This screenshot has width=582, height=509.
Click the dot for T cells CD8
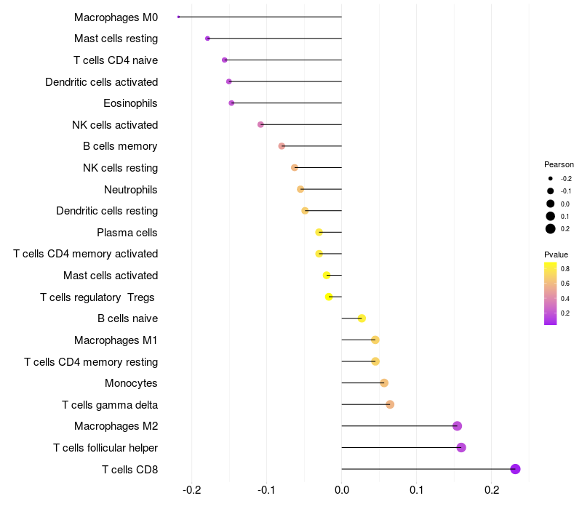point(516,469)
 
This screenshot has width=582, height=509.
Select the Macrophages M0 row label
point(116,17)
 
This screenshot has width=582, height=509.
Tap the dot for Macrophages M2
point(457,426)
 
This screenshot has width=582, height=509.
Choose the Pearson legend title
point(559,164)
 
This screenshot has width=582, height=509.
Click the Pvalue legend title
point(556,254)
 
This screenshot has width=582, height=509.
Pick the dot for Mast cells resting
point(207,39)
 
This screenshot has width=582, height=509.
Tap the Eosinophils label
point(130,103)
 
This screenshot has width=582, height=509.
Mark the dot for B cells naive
point(362,318)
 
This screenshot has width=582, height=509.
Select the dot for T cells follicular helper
point(461,447)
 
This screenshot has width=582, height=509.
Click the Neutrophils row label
point(131,190)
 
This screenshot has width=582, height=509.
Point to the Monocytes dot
point(384,383)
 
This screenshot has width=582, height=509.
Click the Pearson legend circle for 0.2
point(551,229)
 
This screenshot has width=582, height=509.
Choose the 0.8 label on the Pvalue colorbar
point(565,268)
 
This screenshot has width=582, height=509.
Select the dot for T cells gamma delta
point(390,404)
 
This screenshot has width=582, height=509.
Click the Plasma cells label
point(127,233)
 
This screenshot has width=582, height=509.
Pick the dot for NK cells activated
point(260,125)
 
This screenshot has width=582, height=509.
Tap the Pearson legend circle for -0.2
point(551,178)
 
